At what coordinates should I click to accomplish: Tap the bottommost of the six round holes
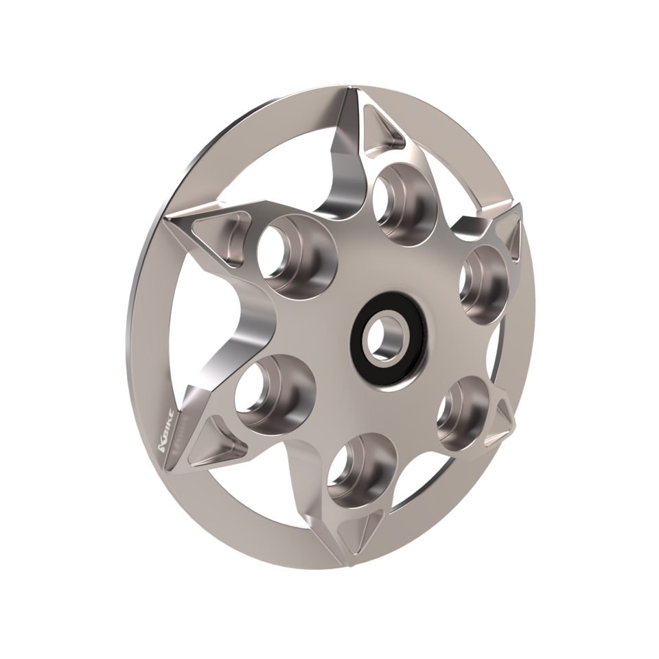tap(358, 470)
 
